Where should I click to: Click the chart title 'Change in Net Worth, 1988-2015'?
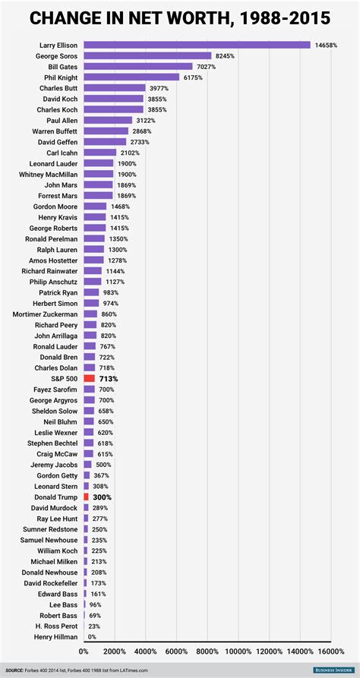180,16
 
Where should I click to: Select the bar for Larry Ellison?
197,46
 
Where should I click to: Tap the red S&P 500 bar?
89,378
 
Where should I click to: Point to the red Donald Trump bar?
86,496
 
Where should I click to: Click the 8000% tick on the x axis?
207,651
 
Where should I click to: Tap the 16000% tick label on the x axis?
331,651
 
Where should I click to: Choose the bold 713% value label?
109,378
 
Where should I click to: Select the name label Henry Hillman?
55,635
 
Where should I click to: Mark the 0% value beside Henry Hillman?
92,635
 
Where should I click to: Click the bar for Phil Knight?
131,77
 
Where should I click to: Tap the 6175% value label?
193,77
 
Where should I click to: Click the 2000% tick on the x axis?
115,651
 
